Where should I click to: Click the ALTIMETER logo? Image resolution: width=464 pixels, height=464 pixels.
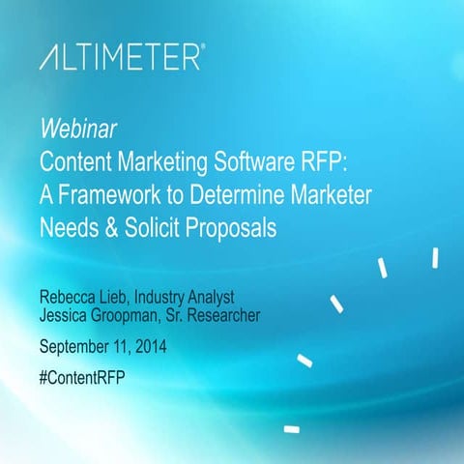(121, 58)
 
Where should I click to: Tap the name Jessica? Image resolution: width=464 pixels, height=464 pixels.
(67, 315)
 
